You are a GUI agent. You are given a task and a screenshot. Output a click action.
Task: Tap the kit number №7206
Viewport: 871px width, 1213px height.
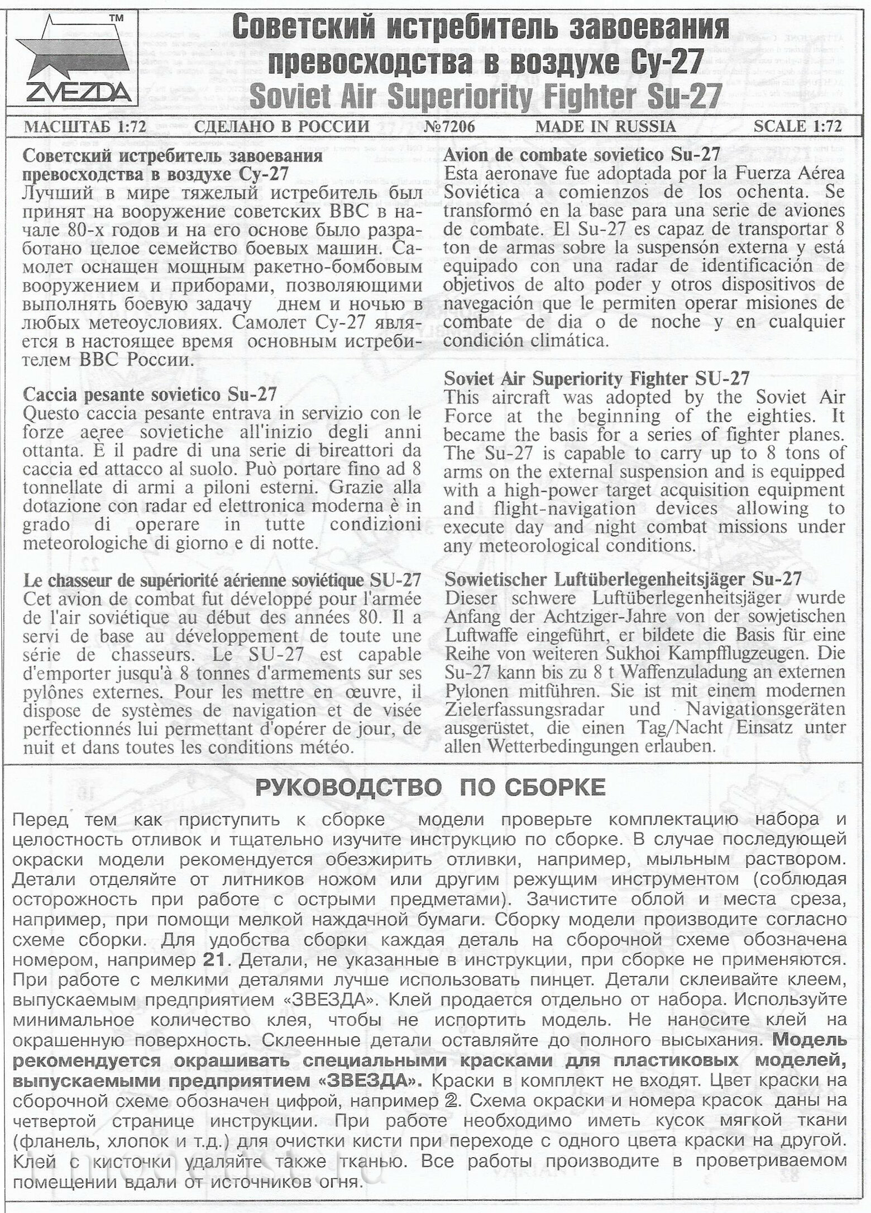click(449, 127)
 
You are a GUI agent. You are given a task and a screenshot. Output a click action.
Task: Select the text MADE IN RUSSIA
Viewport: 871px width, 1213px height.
click(605, 127)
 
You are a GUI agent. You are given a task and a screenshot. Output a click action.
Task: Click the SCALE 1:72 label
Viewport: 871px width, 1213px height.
click(797, 127)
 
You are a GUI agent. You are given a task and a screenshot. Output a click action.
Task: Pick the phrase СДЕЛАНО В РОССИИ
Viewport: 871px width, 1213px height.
click(281, 127)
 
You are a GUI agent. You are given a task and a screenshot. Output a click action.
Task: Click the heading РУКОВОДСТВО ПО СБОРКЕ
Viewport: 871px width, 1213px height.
click(430, 788)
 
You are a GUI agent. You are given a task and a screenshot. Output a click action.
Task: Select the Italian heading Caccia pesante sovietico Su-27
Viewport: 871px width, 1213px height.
click(150, 394)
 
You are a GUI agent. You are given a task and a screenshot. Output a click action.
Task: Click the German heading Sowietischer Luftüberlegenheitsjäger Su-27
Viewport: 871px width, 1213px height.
click(623, 579)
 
